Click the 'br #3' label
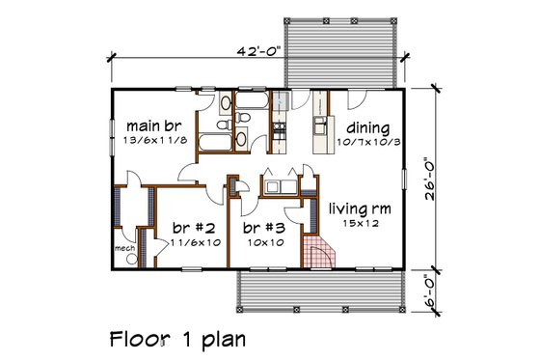[x=261, y=228]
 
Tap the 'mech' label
[x=124, y=246]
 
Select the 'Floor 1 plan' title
[x=177, y=339]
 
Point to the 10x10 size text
[x=261, y=243]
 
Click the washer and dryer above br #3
[x=280, y=186]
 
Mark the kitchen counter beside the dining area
[x=318, y=135]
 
